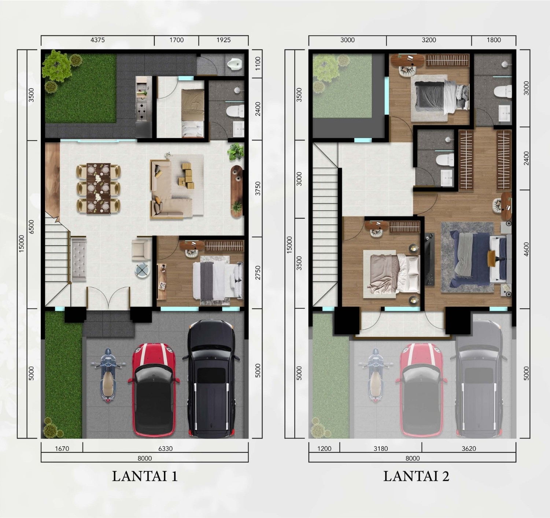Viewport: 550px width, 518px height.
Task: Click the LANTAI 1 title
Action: [145, 476]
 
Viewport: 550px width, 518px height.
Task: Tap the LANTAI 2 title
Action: [416, 476]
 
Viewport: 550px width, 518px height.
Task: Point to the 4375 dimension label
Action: [97, 40]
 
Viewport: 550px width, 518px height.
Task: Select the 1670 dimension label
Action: [62, 448]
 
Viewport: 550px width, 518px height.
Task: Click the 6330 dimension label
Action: [165, 448]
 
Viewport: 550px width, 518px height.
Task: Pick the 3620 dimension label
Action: [469, 448]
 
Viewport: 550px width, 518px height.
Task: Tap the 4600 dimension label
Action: [526, 249]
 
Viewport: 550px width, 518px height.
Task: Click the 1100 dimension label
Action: [258, 63]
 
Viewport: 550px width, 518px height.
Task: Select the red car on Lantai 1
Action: [154, 390]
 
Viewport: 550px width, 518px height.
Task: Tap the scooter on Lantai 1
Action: [108, 375]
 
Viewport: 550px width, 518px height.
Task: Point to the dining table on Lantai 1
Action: [99, 188]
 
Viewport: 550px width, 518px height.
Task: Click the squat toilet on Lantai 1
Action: [235, 64]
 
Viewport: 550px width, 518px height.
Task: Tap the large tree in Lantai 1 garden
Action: [56, 66]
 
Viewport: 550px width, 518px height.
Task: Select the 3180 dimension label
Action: [380, 448]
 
